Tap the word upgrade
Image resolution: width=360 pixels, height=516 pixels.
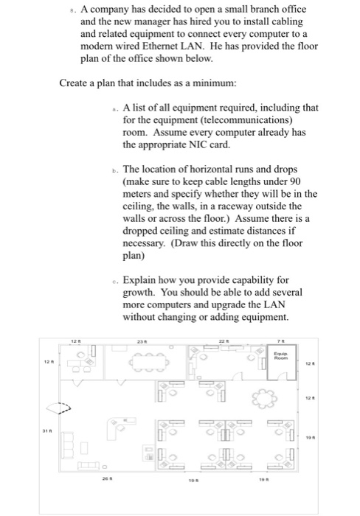click(x=243, y=304)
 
